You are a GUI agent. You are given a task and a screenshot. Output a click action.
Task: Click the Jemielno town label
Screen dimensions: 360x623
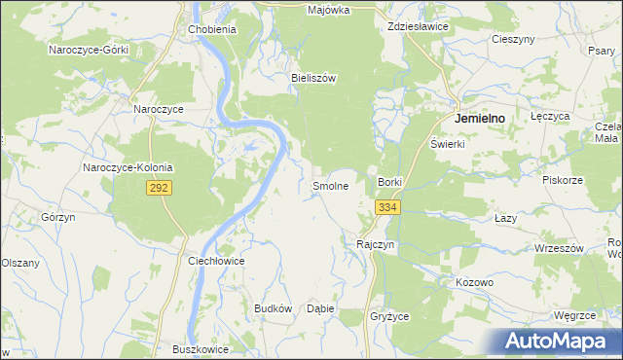click(x=481, y=118)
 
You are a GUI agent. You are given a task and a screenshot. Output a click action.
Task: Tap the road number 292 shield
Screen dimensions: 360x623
click(x=160, y=188)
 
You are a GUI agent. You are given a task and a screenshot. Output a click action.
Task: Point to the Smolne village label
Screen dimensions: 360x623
click(x=330, y=185)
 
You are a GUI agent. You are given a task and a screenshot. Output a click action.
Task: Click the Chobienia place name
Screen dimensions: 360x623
click(x=211, y=29)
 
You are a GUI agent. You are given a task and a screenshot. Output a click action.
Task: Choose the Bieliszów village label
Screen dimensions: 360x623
click(x=313, y=77)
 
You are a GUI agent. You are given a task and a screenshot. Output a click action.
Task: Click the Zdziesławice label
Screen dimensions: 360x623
click(x=417, y=27)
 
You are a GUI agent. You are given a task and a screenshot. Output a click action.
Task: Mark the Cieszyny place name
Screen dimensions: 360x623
click(x=515, y=39)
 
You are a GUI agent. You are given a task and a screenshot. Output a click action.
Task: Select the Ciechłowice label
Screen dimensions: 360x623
click(x=215, y=262)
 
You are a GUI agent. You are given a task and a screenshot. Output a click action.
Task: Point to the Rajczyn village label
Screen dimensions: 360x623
click(x=376, y=244)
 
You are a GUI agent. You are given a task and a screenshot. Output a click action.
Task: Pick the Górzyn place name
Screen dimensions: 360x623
click(x=58, y=217)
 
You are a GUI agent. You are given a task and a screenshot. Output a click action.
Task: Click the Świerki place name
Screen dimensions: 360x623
click(x=449, y=144)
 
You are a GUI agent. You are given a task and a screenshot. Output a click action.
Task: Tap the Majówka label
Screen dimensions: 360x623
click(x=328, y=10)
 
